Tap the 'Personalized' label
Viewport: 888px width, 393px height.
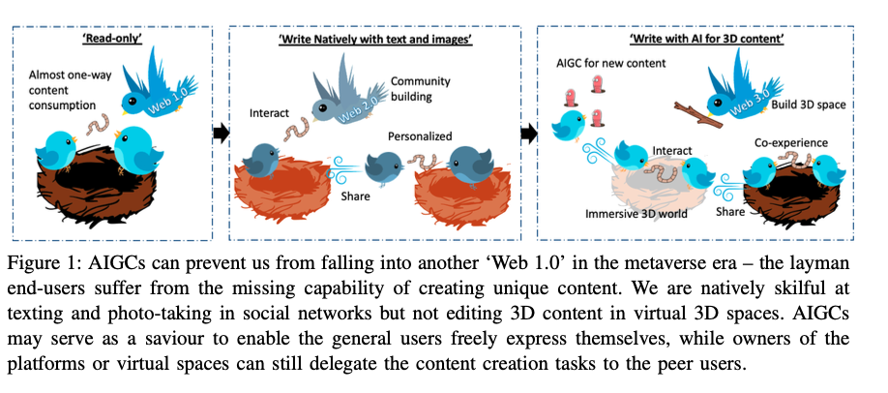tap(420, 136)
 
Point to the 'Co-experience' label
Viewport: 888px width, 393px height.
tap(790, 143)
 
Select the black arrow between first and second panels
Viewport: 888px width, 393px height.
tap(221, 135)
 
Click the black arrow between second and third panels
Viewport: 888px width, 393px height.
tap(529, 135)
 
